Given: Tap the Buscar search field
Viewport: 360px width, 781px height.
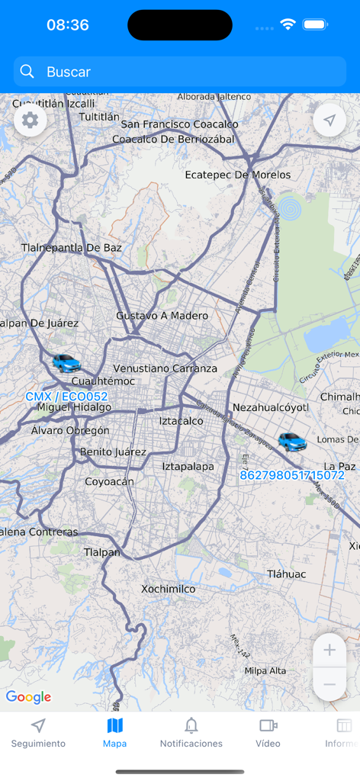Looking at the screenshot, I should [180, 72].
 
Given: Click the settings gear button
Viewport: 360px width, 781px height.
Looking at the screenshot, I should [31, 121].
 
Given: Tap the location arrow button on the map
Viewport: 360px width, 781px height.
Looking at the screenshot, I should [329, 121].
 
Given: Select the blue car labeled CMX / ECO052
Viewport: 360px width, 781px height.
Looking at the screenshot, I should [66, 363].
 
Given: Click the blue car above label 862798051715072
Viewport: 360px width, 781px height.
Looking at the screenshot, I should [291, 441].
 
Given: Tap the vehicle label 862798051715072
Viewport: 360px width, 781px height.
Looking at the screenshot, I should [292, 475].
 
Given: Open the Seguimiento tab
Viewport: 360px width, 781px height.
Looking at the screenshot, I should [38, 732].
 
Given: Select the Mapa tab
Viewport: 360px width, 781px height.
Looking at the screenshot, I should [115, 732].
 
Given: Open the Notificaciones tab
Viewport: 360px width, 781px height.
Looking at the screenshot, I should [191, 732].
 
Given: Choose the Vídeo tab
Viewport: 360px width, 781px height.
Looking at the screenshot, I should [268, 732].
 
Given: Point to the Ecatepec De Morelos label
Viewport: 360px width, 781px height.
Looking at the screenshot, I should [238, 175].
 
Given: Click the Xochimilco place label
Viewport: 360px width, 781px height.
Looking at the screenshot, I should [168, 589].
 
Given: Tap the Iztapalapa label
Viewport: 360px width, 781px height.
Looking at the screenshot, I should [188, 466].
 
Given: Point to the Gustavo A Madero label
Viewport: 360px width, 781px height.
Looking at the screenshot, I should [162, 316].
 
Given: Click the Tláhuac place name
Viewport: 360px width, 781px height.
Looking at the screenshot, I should [286, 574].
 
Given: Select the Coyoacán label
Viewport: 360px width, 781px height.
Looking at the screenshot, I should [109, 481].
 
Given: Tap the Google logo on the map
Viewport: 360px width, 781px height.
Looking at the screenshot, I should [28, 697].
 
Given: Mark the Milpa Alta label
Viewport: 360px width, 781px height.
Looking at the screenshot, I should [265, 670].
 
